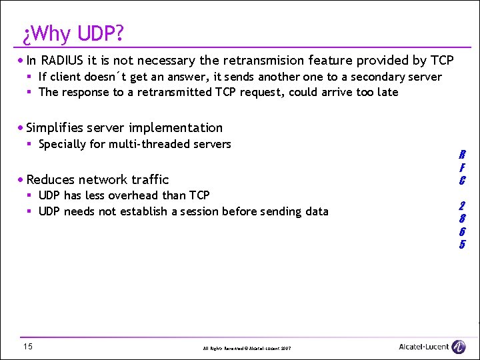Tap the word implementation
[x=179, y=127]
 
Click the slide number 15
[x=27, y=346]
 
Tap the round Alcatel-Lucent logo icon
[x=459, y=347]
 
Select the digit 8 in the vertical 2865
[x=462, y=219]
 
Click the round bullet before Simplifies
[x=21, y=128]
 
